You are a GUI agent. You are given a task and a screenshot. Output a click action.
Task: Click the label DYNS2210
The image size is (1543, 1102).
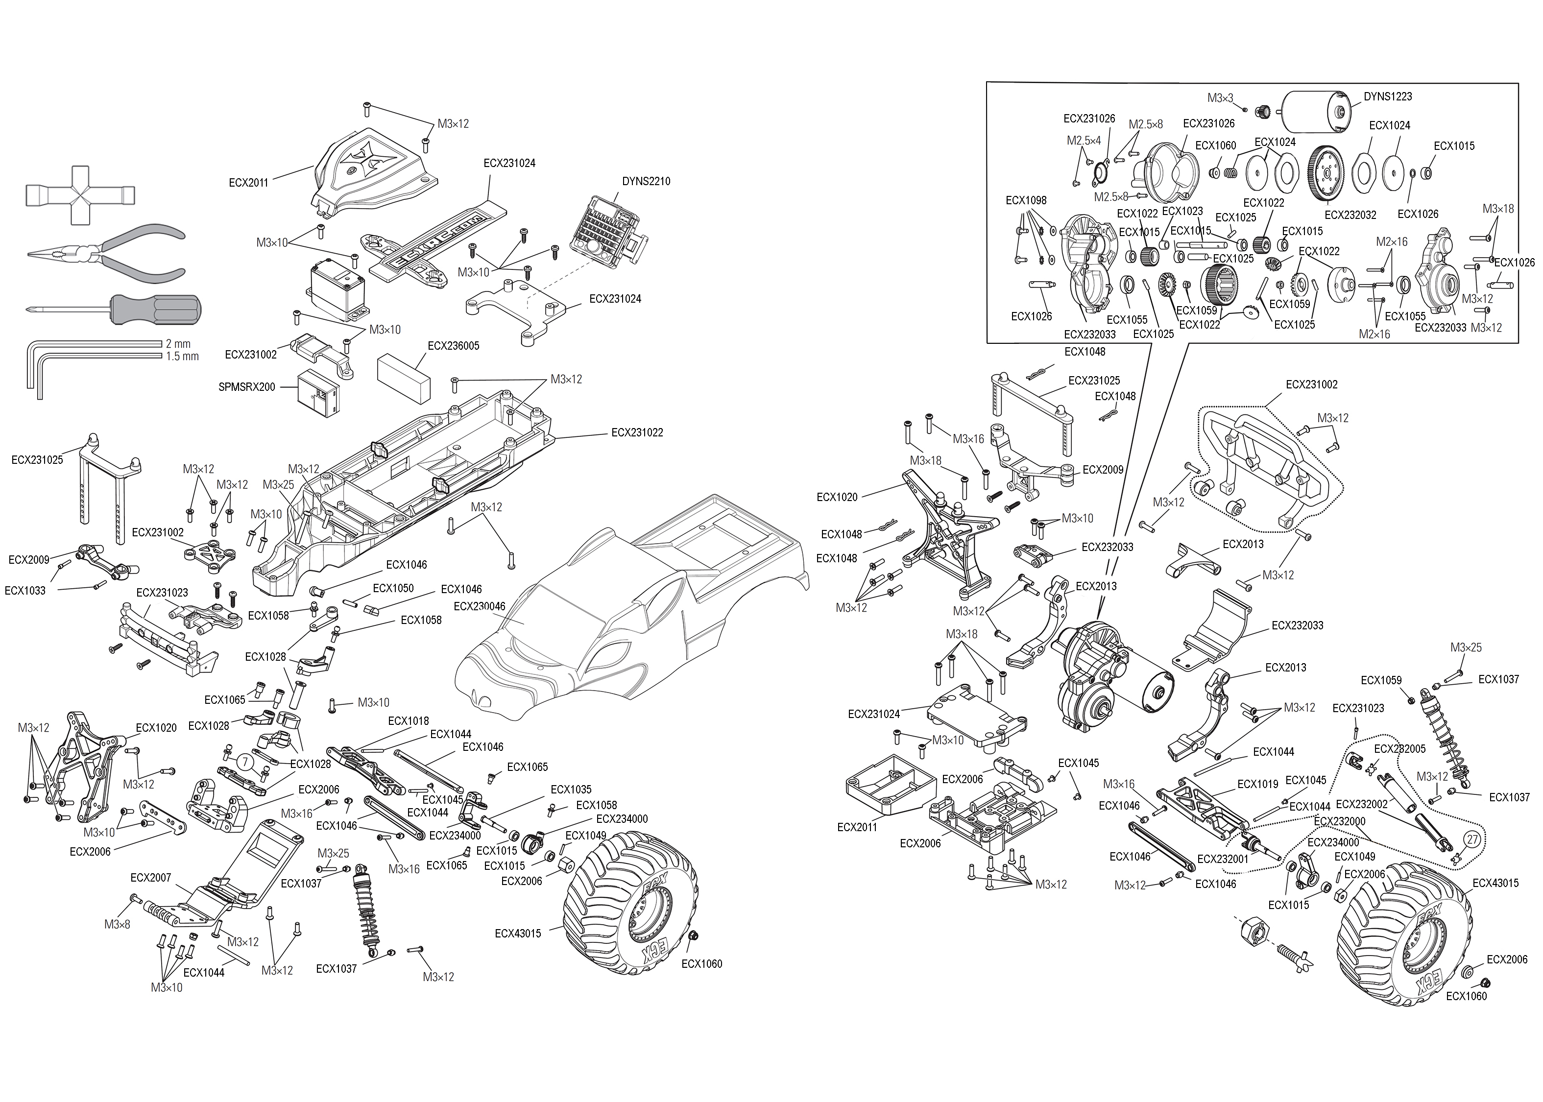tap(646, 181)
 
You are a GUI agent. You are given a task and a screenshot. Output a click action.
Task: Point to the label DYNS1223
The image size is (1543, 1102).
tap(1388, 96)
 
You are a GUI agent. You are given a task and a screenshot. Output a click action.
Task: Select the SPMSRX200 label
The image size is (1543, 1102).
tap(247, 387)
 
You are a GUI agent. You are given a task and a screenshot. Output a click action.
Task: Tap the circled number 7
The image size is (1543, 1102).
tap(243, 762)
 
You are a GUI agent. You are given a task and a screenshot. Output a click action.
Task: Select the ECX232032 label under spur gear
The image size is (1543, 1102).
tap(1350, 215)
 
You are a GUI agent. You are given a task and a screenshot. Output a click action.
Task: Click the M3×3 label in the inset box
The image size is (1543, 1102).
tap(1220, 98)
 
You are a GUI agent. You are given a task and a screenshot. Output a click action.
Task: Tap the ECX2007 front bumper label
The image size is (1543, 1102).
tap(151, 877)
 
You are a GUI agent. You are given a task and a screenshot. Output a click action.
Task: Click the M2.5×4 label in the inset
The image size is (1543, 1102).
tap(1084, 141)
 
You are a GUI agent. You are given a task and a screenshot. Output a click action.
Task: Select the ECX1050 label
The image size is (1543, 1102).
tap(393, 588)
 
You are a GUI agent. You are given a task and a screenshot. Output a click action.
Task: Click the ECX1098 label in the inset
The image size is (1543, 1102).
tap(1026, 200)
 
